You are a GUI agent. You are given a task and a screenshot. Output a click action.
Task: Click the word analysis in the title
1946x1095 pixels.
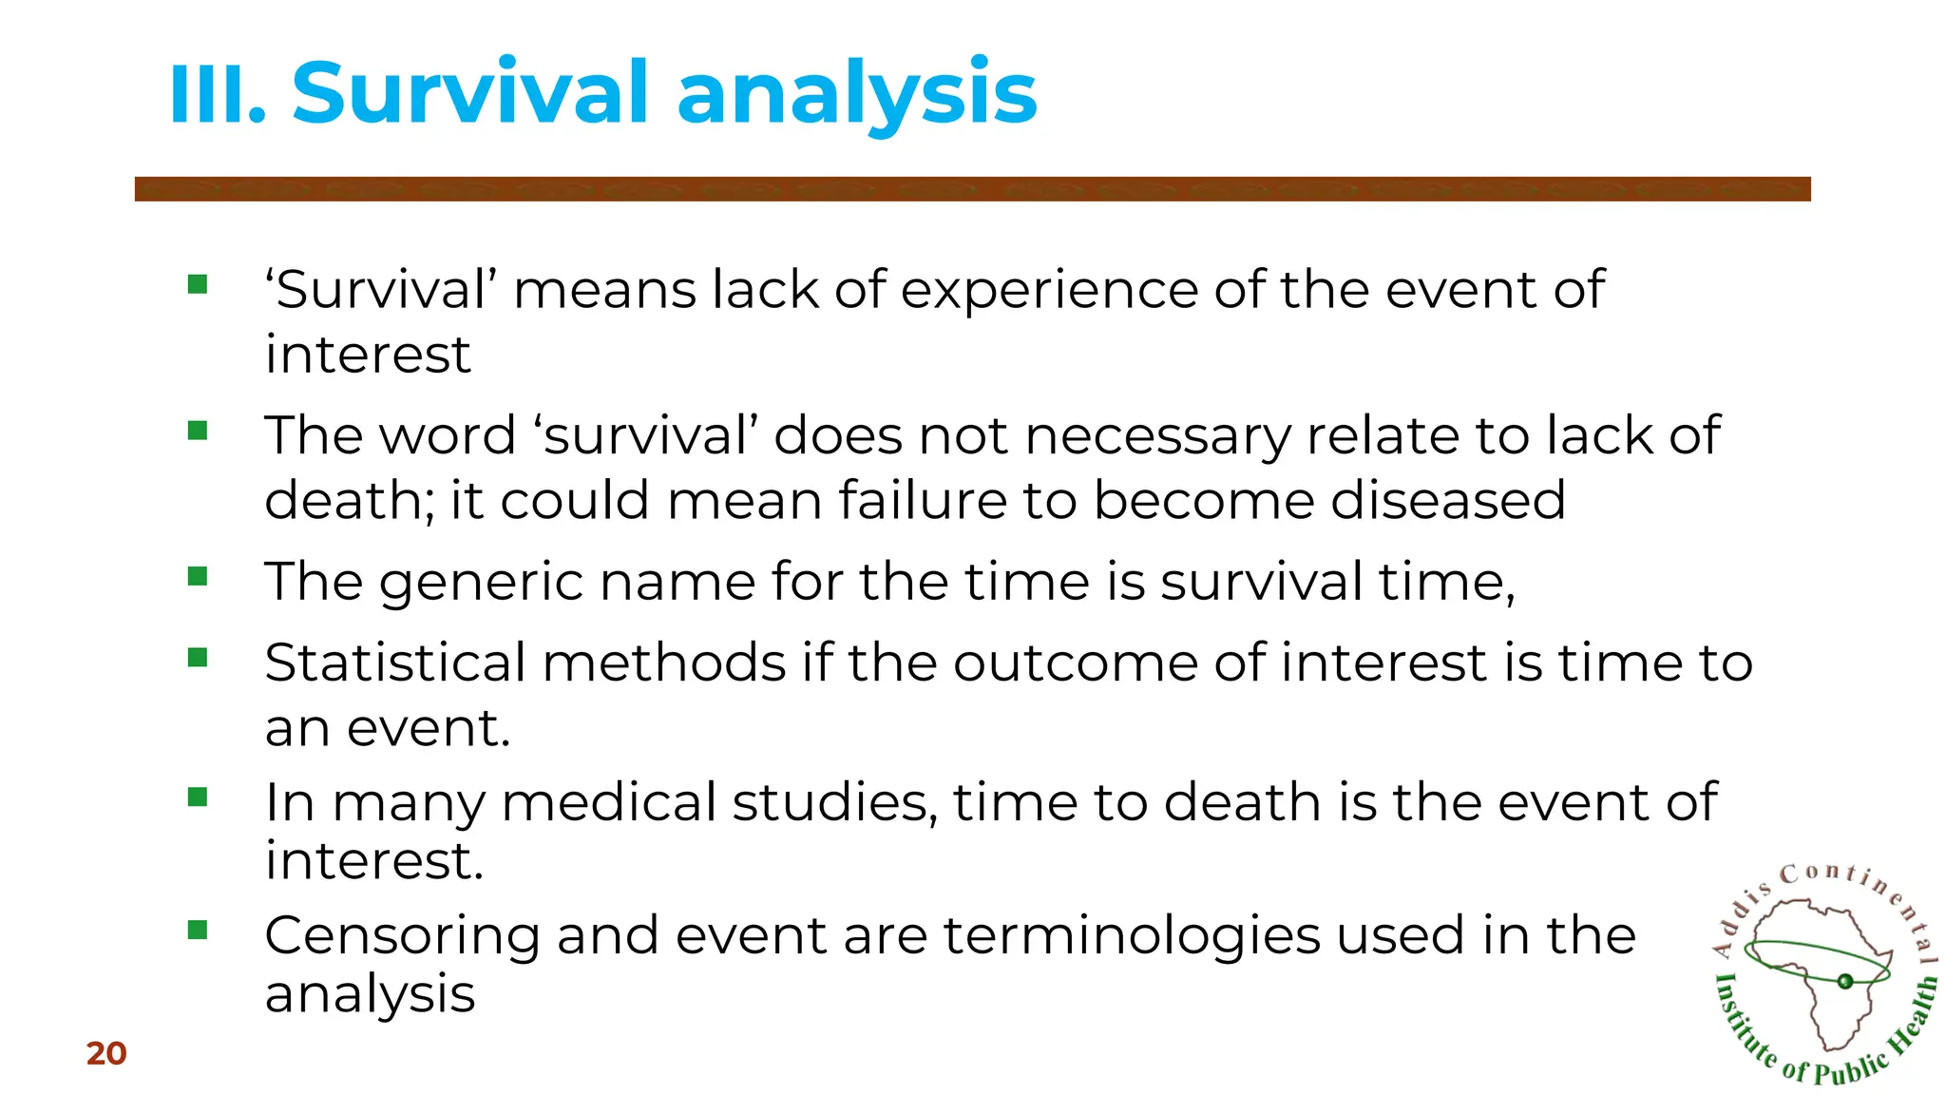[x=856, y=95]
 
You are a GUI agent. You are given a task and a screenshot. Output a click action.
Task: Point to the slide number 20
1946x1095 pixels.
[x=106, y=1053]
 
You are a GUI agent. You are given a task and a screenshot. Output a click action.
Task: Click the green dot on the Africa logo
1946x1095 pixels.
[x=1845, y=981]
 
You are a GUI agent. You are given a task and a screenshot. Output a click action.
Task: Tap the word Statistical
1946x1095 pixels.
[x=394, y=663]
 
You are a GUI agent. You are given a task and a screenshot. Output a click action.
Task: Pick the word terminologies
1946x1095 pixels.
[x=1132, y=936]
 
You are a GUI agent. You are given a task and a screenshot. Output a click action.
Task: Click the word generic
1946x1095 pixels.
[x=481, y=582]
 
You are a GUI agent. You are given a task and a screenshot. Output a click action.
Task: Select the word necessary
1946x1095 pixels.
[x=1157, y=436]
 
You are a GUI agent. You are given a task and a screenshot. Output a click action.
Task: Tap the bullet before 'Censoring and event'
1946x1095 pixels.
[x=198, y=930]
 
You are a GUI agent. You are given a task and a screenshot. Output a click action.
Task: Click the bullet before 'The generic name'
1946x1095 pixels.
[x=198, y=576]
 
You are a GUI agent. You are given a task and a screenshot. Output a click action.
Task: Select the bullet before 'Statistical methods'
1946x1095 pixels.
[x=198, y=657]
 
